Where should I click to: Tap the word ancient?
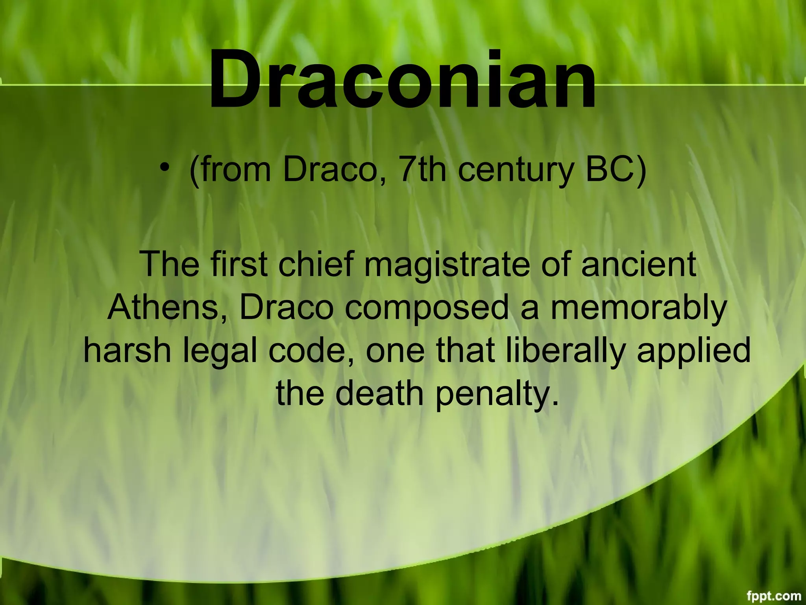[x=638, y=264]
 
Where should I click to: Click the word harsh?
[x=127, y=351]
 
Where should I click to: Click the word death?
[x=379, y=393]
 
